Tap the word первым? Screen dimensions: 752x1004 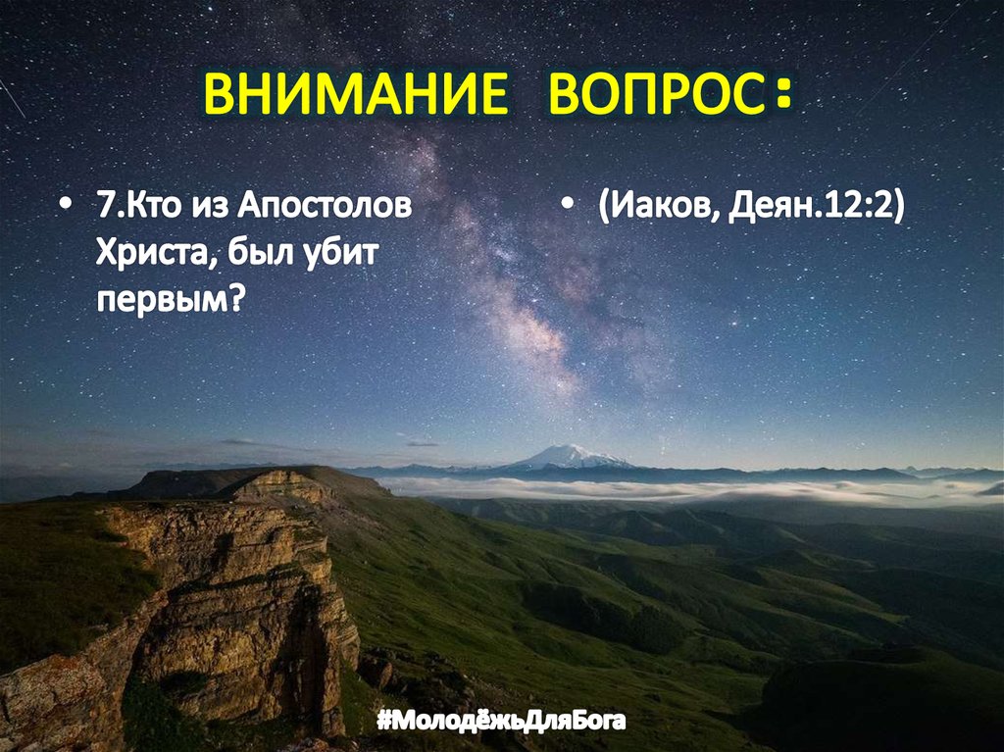tap(169, 298)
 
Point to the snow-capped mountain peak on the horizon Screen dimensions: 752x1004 tap(569, 456)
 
